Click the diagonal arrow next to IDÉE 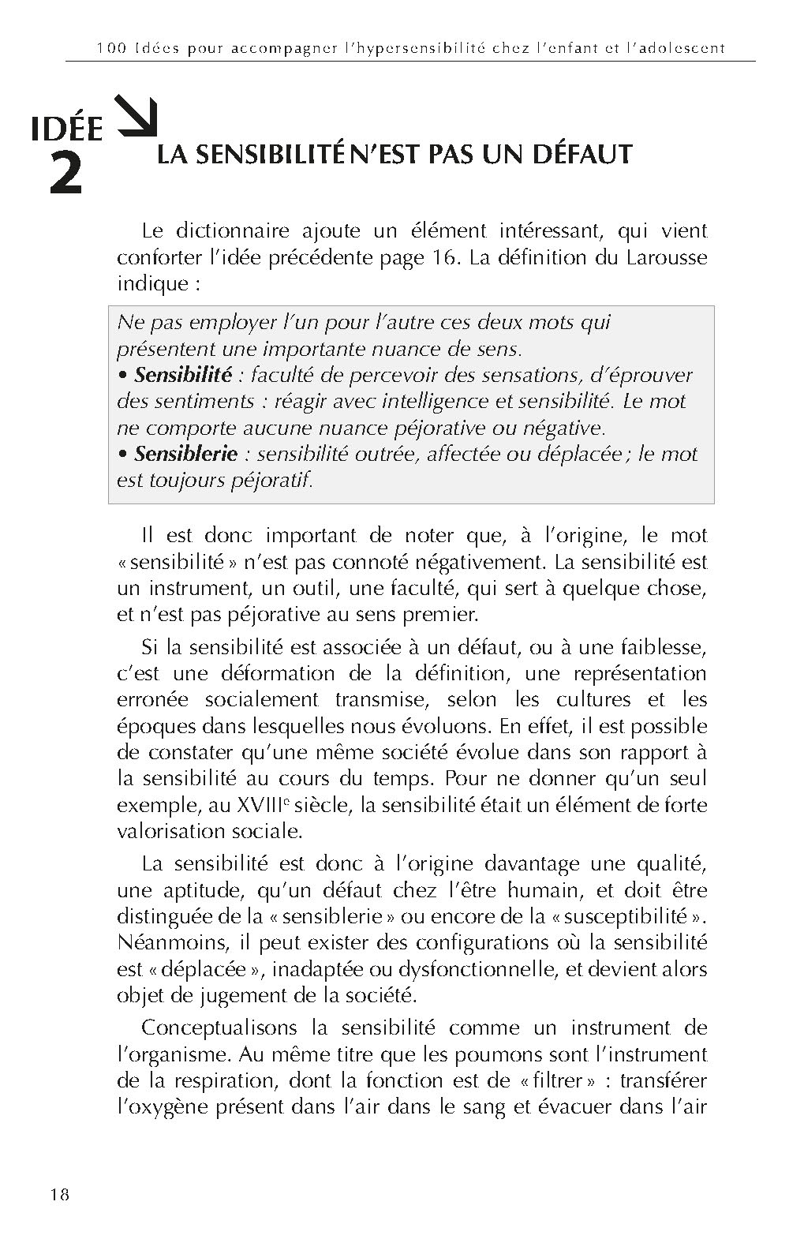click(136, 115)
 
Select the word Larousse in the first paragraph click(666, 258)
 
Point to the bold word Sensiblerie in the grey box click(186, 454)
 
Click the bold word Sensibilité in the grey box click(183, 375)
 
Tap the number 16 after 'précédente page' click(446, 258)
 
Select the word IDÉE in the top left click(67, 129)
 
